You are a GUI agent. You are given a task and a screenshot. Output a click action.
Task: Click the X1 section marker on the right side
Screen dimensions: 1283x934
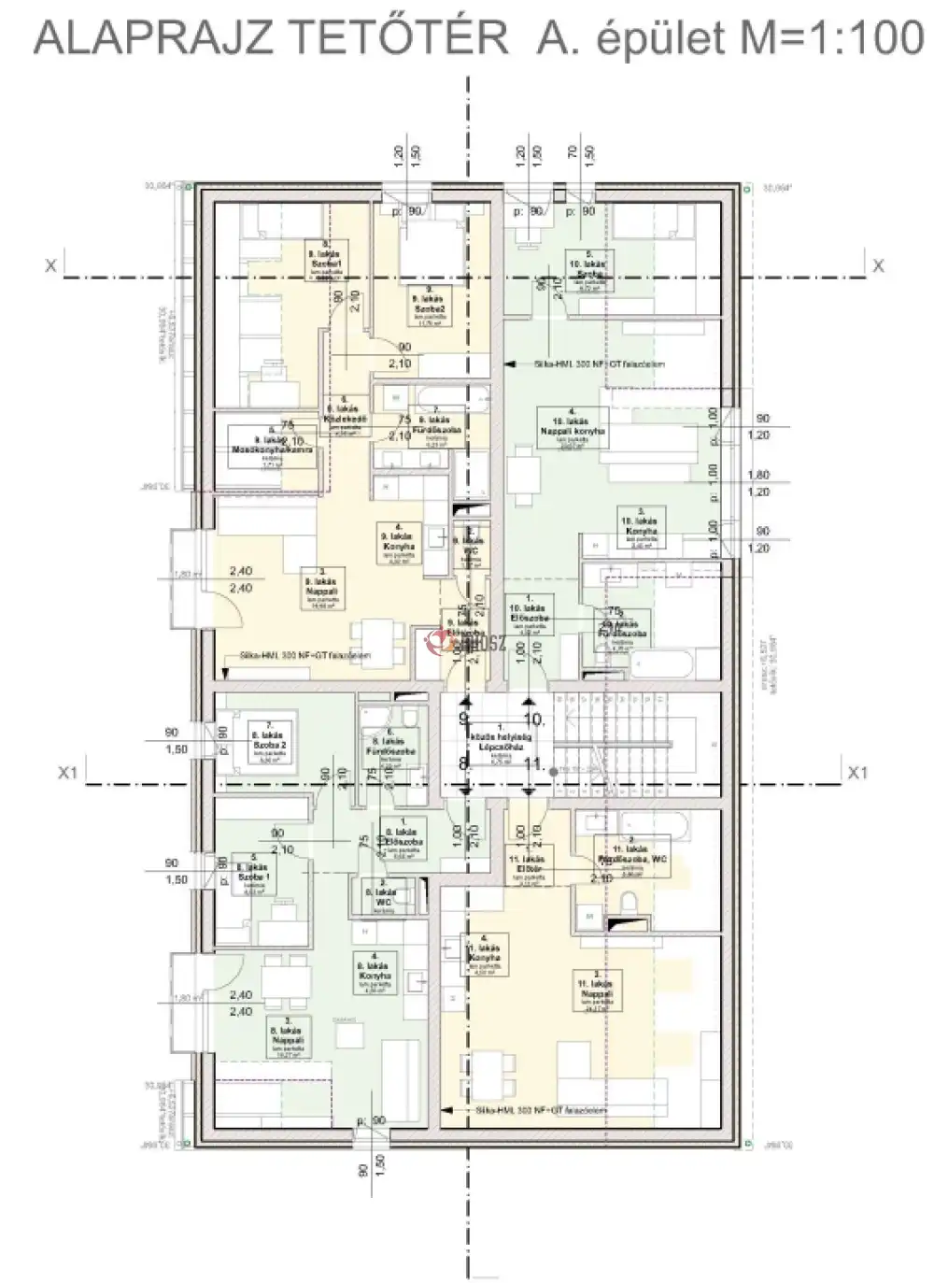click(857, 773)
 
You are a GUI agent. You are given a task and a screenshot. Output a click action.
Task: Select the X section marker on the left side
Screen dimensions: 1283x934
click(51, 266)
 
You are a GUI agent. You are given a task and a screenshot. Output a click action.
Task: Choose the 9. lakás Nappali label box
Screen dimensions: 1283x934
click(326, 591)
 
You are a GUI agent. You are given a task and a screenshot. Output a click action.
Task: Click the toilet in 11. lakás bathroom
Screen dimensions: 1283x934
click(628, 902)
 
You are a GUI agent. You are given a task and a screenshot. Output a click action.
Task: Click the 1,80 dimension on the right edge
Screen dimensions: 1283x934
click(759, 475)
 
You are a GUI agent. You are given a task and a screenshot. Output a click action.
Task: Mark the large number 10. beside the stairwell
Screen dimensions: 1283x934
click(534, 718)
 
